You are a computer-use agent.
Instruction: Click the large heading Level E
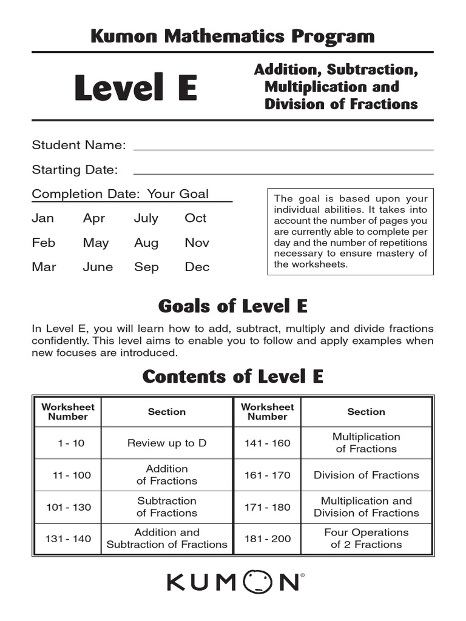coord(135,89)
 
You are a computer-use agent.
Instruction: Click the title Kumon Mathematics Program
coord(232,36)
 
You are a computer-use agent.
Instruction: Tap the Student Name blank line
coord(283,146)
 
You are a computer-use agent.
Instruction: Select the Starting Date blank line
coord(283,170)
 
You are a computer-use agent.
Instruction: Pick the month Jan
coord(42,218)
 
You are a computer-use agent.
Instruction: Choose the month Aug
coord(146,243)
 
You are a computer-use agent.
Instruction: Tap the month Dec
coord(197,267)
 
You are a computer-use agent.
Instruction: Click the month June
coord(98,267)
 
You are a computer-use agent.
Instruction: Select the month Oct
coord(195,218)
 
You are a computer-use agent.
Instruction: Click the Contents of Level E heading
coord(232,377)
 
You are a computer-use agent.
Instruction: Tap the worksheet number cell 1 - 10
coord(71,443)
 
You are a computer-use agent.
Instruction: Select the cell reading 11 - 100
coord(71,475)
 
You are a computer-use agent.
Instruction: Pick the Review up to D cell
coord(167,443)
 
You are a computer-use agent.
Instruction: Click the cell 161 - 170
coord(268,475)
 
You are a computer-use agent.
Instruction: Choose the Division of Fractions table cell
coord(366,475)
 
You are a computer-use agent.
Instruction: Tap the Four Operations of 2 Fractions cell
coord(366,539)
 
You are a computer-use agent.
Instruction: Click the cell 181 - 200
coord(268,539)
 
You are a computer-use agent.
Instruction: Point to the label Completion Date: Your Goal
coord(120,194)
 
